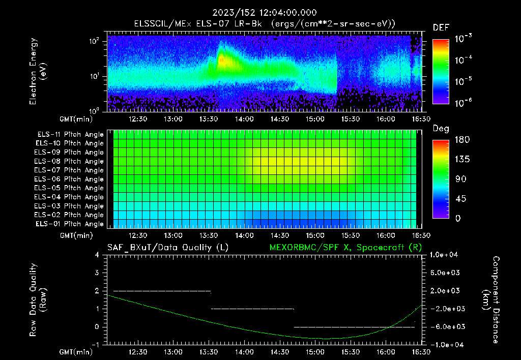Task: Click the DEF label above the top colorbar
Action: click(441, 27)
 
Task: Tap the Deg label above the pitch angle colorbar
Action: click(441, 129)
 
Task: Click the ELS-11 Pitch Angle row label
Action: click(70, 135)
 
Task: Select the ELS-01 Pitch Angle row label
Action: click(70, 224)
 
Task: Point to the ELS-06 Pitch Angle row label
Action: click(70, 179)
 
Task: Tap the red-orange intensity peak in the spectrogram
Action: click(221, 59)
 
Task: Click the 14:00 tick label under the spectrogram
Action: click(244, 118)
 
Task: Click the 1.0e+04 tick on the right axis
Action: click(446, 255)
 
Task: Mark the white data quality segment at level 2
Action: click(162, 291)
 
